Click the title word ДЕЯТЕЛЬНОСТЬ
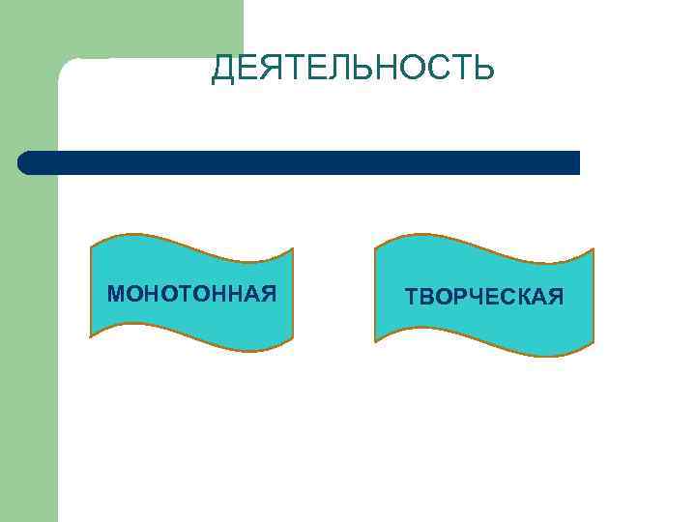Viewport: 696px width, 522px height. pyautogui.click(x=353, y=69)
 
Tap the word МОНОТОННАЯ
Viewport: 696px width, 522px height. pyautogui.click(x=192, y=293)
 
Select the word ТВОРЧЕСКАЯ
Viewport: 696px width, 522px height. pyautogui.click(x=484, y=296)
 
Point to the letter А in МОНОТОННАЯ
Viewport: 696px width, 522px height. pyautogui.click(x=249, y=293)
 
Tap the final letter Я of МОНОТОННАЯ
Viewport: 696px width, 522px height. pyautogui.click(x=268, y=293)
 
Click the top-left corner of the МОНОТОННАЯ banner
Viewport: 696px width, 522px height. pyautogui.click(x=91, y=246)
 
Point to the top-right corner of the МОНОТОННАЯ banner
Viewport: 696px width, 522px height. pyautogui.click(x=292, y=248)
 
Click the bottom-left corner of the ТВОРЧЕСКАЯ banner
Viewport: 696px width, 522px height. pyautogui.click(x=376, y=340)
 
